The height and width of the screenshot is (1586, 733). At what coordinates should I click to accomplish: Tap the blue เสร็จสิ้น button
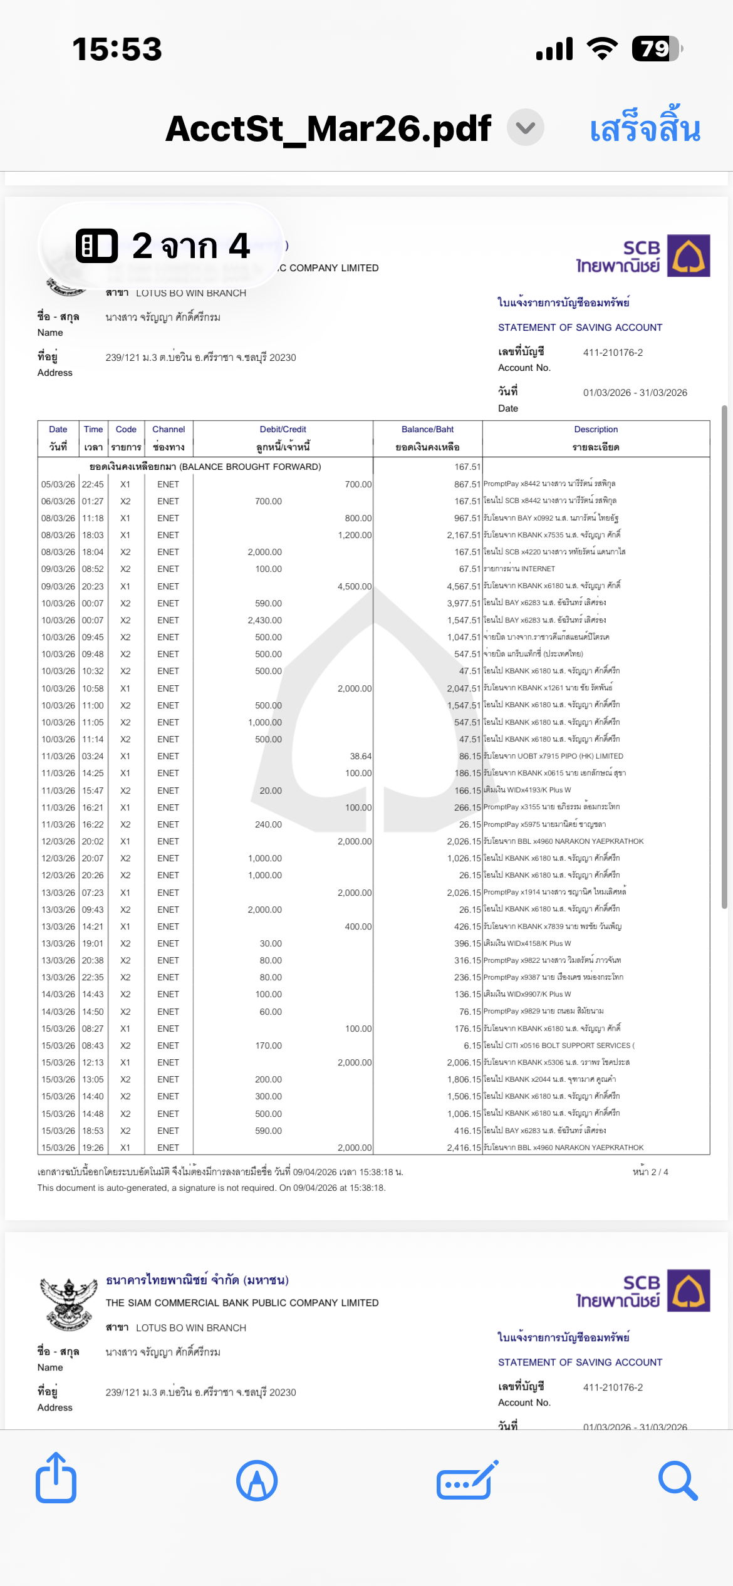[645, 128]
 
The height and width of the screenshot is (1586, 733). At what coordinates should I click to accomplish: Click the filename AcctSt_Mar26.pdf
[328, 128]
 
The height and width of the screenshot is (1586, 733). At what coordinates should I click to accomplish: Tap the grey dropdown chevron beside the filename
[525, 128]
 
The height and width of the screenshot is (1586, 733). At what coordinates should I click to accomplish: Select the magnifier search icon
[677, 1481]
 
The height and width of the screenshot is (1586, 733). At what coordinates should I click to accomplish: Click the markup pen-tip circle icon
[257, 1481]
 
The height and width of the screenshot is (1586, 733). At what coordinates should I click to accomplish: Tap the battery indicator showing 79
[656, 49]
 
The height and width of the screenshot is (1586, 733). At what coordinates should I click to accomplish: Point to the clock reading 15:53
[117, 49]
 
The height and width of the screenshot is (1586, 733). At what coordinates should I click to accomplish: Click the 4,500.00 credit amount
[355, 586]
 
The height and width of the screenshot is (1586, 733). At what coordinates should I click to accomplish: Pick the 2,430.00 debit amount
[264, 620]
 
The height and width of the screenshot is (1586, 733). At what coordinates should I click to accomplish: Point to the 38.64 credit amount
[360, 756]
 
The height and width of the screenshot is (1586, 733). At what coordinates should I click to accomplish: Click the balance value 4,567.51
[464, 586]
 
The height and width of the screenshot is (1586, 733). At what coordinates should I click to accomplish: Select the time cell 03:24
[93, 756]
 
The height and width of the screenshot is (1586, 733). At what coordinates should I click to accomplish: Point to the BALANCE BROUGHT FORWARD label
[205, 467]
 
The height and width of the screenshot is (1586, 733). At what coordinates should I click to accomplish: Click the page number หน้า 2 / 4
[650, 1172]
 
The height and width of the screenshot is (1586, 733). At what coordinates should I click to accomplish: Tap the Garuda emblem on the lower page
[68, 1304]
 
